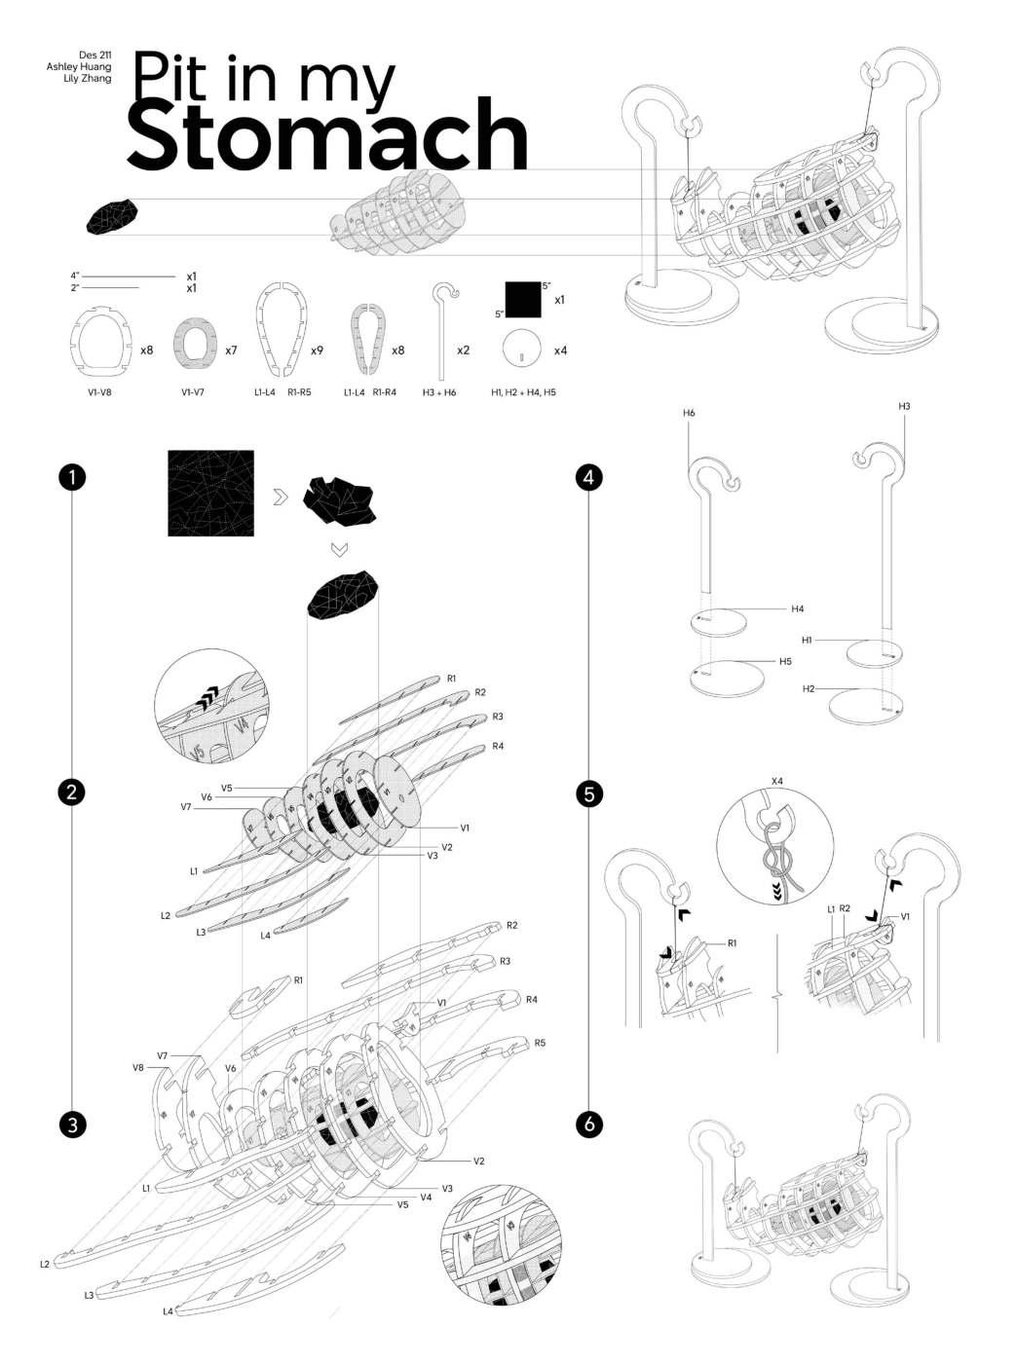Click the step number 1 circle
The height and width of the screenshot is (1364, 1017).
70,477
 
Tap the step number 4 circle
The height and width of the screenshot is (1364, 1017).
588,477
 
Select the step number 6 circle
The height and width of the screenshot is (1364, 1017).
588,1124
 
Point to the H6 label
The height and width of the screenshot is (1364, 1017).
689,414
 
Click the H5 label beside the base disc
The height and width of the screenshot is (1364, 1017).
785,661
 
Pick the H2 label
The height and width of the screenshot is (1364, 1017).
809,688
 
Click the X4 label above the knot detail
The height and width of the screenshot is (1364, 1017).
776,781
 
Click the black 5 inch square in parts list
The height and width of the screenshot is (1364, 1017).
522,300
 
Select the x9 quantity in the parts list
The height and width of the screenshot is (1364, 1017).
318,350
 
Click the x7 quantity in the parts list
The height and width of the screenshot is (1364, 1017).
231,350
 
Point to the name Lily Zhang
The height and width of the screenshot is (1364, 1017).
88,78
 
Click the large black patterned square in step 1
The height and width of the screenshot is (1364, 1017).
210,493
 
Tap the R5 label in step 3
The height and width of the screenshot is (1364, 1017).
540,1043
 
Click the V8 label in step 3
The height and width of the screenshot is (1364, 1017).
138,1068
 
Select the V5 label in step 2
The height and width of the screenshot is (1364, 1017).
226,787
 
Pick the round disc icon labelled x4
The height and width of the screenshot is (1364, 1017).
522,349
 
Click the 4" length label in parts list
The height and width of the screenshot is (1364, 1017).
75,276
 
